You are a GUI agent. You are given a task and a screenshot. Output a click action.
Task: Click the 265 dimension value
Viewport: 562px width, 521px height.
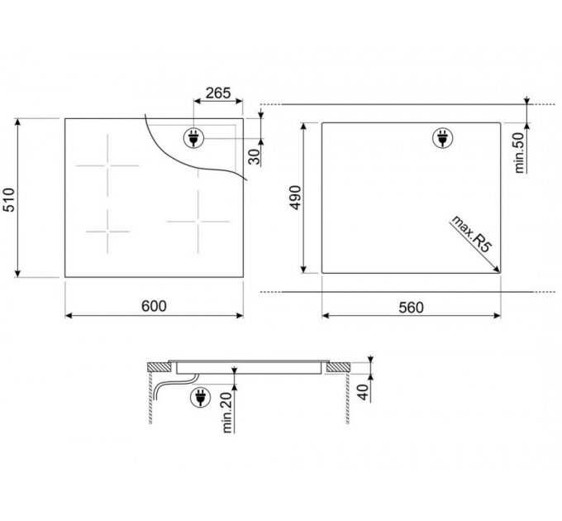click(218, 93)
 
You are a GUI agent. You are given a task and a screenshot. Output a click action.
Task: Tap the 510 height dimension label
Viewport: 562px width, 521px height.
click(9, 199)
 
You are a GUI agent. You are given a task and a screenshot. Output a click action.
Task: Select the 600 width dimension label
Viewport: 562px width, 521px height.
click(154, 306)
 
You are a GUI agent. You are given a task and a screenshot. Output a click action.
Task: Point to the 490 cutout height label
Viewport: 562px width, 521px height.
click(296, 197)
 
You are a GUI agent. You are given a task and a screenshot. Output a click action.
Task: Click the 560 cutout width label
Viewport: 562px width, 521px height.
click(411, 308)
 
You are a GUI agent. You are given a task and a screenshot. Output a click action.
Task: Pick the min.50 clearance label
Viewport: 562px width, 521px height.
click(519, 151)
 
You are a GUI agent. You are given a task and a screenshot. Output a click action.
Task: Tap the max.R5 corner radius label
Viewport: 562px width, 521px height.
click(470, 234)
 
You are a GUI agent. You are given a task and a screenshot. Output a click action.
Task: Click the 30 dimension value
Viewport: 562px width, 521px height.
click(254, 156)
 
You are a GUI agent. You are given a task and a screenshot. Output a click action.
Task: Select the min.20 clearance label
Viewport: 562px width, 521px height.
click(227, 412)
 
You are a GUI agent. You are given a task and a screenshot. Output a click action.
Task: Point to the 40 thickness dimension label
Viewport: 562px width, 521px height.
click(363, 392)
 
